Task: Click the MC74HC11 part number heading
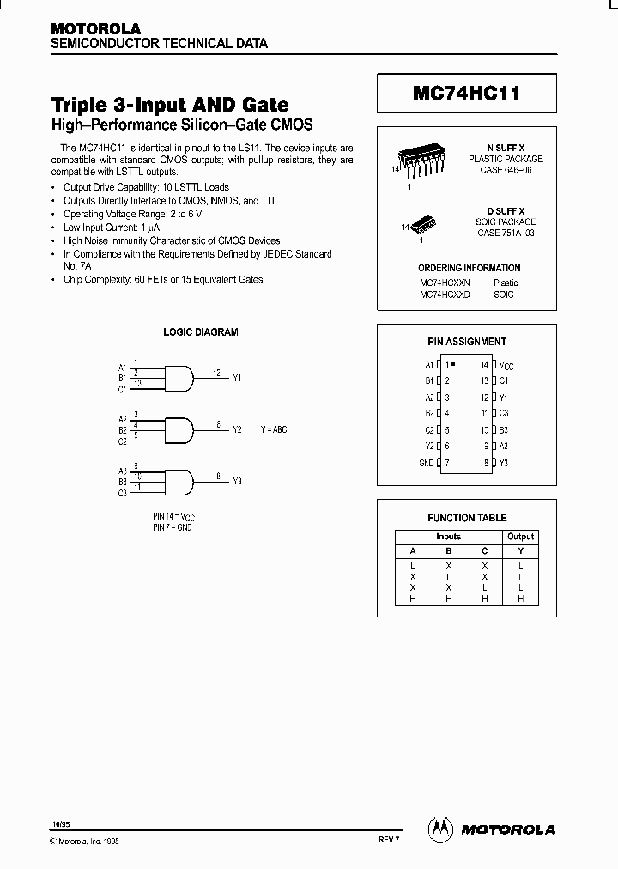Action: point(467,95)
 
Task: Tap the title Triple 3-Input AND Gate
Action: point(170,105)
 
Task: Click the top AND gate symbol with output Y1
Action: point(177,375)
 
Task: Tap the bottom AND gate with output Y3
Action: point(177,480)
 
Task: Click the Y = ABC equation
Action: point(274,428)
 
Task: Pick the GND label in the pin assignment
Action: point(426,463)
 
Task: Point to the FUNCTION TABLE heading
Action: point(467,518)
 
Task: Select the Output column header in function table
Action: point(520,537)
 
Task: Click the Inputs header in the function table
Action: point(448,537)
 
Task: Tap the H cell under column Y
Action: point(520,599)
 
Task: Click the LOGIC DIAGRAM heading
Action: point(201,331)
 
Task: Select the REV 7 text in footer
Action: point(389,841)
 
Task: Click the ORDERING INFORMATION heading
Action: point(469,268)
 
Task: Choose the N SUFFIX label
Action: point(506,149)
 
